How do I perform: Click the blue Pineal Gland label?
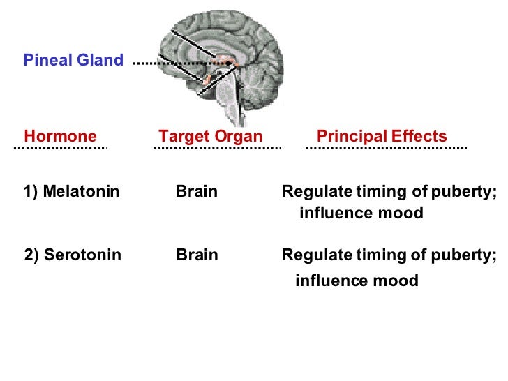point(73,60)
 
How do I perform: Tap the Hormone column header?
point(60,136)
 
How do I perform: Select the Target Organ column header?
point(211,136)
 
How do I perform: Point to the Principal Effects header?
point(382,136)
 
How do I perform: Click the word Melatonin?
point(81,192)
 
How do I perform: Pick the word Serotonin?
point(82,255)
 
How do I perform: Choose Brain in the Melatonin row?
point(197,192)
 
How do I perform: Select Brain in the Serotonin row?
point(197,255)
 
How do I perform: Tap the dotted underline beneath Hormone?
point(60,148)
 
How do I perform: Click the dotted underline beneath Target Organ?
point(216,148)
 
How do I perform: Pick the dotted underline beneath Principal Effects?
point(386,148)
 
